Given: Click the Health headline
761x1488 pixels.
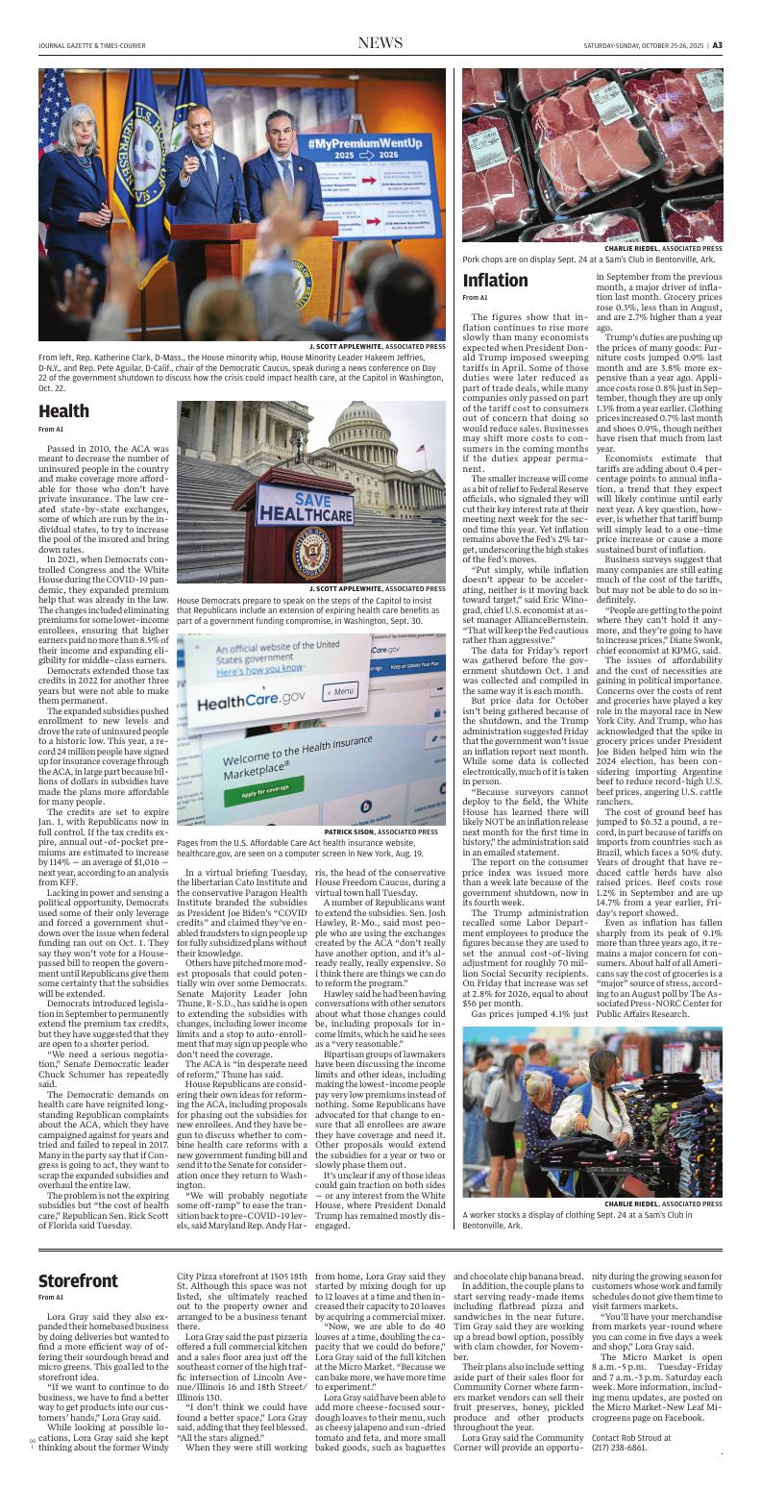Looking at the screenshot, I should (64, 411).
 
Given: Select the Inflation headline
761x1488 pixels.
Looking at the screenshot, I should (496, 281).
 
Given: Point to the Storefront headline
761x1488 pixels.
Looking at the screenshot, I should (78, 1281).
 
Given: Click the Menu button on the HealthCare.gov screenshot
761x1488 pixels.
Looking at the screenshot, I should (340, 663).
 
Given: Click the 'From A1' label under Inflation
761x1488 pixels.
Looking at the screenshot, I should (474, 298).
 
